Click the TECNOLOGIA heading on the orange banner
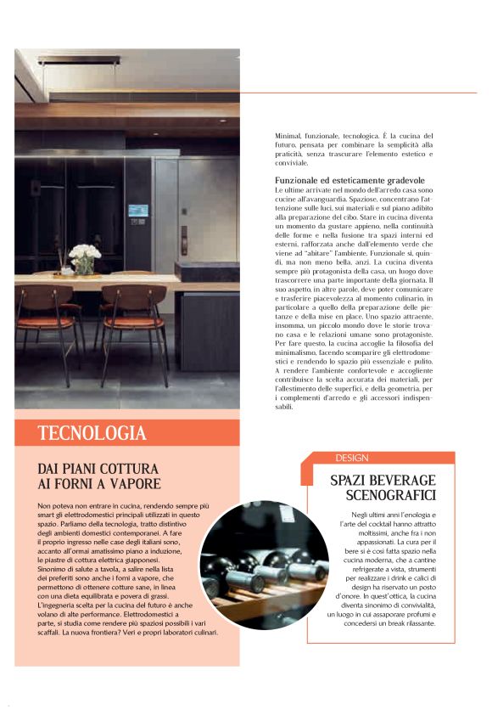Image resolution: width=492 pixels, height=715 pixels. (92, 433)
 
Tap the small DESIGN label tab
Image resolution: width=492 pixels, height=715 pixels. (352, 458)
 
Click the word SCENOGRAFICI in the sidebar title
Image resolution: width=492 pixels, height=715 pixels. (383, 495)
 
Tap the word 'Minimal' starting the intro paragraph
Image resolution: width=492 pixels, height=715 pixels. (288, 136)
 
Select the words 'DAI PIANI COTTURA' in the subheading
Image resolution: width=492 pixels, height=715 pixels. (98, 468)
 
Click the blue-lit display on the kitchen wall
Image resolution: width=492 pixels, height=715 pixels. (139, 210)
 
